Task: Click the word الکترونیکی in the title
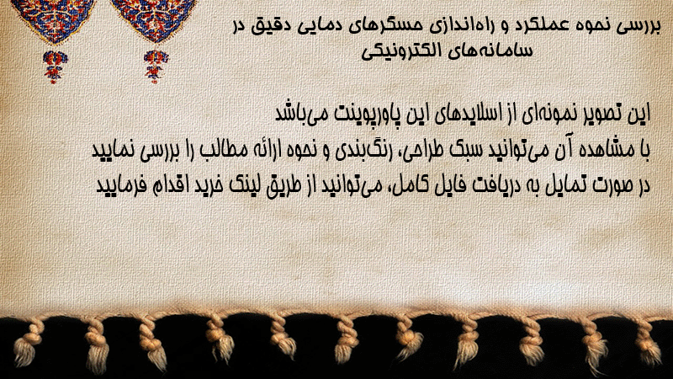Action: (x=396, y=51)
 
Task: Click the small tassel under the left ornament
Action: (x=54, y=67)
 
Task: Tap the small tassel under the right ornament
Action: (x=155, y=67)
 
